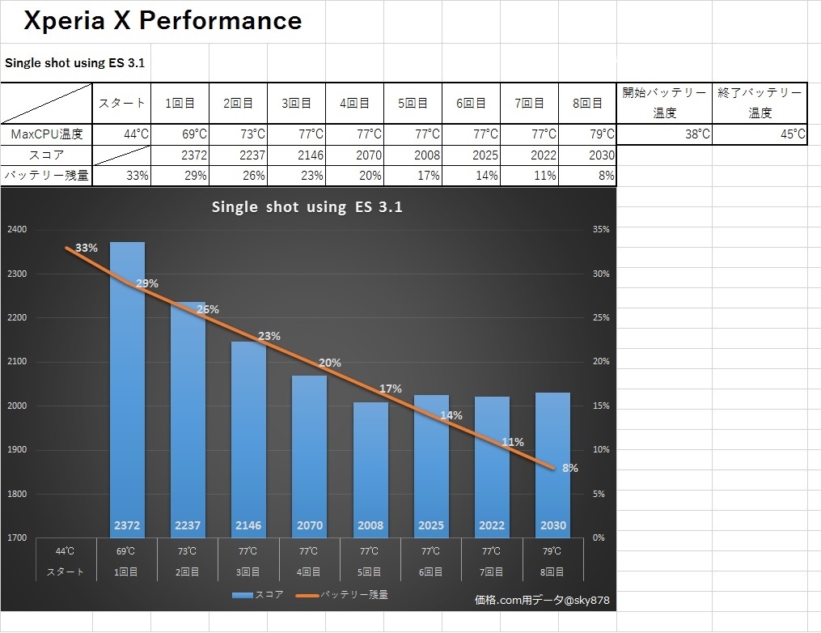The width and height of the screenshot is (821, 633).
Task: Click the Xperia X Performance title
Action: (x=163, y=21)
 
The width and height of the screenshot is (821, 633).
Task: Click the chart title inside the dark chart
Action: (x=307, y=206)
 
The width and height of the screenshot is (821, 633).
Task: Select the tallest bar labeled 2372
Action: (x=127, y=389)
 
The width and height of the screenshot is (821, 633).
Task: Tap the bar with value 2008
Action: (x=370, y=469)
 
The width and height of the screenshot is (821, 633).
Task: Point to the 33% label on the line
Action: (x=87, y=249)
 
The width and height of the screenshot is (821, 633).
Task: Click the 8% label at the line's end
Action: (x=570, y=468)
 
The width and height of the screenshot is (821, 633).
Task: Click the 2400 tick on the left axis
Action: (x=17, y=230)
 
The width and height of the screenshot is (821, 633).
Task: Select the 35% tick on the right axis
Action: (x=601, y=230)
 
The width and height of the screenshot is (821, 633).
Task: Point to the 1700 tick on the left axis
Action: (x=17, y=537)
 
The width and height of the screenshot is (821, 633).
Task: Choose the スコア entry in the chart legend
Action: (x=257, y=595)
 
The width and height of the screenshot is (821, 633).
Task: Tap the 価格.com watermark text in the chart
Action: (x=542, y=601)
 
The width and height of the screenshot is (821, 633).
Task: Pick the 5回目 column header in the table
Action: (x=413, y=103)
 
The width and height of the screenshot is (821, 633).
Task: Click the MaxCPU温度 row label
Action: (x=46, y=134)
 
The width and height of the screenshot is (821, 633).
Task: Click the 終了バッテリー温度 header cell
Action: (x=760, y=103)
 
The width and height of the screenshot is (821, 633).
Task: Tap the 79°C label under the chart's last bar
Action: (x=552, y=552)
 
